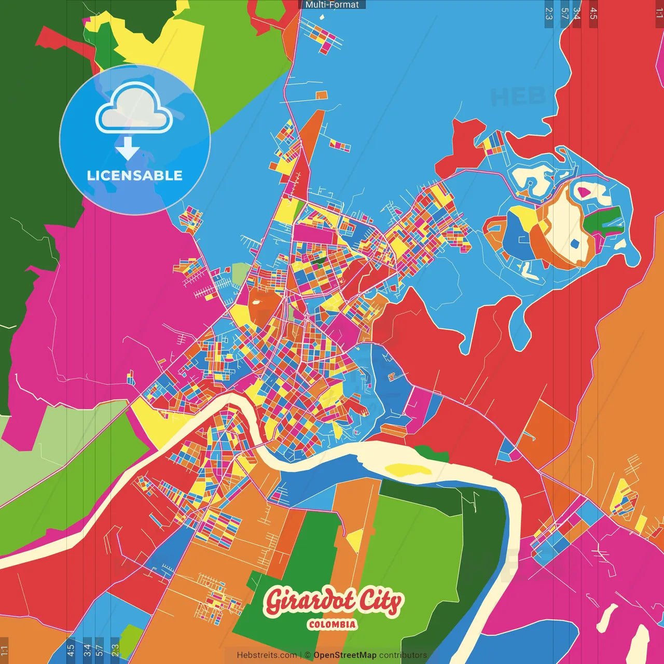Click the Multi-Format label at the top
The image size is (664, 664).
tap(332, 5)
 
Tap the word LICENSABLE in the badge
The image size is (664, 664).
tap(135, 176)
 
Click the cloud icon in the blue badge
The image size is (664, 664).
tap(134, 107)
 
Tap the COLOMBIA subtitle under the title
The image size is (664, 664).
tap(332, 625)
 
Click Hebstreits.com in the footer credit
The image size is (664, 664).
tap(267, 655)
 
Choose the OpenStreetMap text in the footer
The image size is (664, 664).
tap(345, 655)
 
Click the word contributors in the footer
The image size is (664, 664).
tap(403, 655)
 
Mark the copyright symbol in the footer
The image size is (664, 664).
tap(307, 655)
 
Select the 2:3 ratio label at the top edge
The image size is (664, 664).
tap(549, 13)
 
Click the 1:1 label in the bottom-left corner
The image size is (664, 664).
tap(4, 650)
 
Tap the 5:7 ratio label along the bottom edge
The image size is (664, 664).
tap(99, 650)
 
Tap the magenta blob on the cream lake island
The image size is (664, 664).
tap(584, 192)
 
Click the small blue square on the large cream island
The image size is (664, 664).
tap(574, 243)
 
